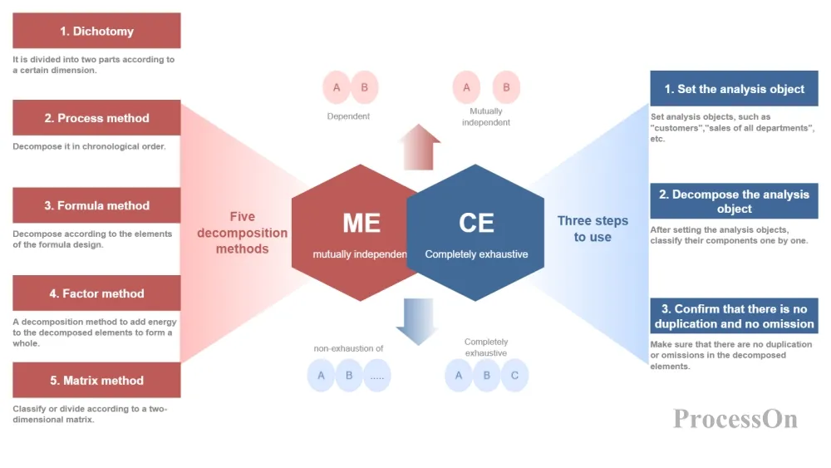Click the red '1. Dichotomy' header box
point(96,32)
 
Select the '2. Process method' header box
point(96,118)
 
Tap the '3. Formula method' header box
point(96,205)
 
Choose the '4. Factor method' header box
point(96,293)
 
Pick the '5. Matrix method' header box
point(96,381)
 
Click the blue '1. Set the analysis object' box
point(734,89)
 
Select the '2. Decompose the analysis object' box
point(734,201)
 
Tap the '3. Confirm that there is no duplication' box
point(734,316)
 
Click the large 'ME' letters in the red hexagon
point(361,223)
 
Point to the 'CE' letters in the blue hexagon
point(476,223)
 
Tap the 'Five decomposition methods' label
point(242,233)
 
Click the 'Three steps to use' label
point(593,229)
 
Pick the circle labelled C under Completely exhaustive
point(514,376)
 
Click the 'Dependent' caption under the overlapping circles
point(348,116)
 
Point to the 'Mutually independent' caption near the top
point(486,116)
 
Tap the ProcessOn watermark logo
point(735,418)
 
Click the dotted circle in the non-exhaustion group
point(377,376)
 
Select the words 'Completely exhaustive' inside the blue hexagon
point(476,254)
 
